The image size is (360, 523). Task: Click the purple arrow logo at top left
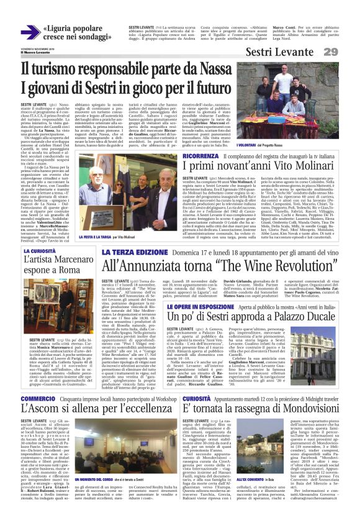click(29, 32)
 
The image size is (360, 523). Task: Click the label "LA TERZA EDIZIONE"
click(128, 252)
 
